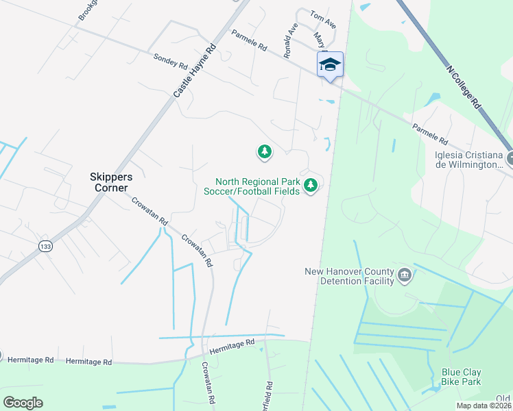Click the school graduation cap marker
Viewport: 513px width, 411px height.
pyautogui.click(x=330, y=65)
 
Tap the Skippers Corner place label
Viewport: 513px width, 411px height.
pyautogui.click(x=111, y=182)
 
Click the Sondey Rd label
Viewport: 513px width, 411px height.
pyautogui.click(x=171, y=62)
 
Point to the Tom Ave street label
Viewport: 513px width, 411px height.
pyautogui.click(x=323, y=20)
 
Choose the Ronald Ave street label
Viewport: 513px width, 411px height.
pyautogui.click(x=291, y=40)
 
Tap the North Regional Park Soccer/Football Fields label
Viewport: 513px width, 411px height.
pyautogui.click(x=252, y=186)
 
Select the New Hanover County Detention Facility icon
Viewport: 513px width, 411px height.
pyautogui.click(x=405, y=275)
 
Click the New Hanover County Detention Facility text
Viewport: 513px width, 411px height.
pyautogui.click(x=350, y=275)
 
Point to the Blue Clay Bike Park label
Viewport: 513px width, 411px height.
pyautogui.click(x=461, y=377)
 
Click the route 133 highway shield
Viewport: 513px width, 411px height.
pyautogui.click(x=46, y=247)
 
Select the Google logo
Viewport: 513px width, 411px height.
pyautogui.click(x=23, y=403)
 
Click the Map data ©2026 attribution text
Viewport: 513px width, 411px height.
pyautogui.click(x=484, y=406)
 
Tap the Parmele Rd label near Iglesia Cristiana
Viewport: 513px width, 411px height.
pyautogui.click(x=430, y=134)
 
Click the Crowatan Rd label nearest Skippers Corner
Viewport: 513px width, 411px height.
pyautogui.click(x=150, y=210)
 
